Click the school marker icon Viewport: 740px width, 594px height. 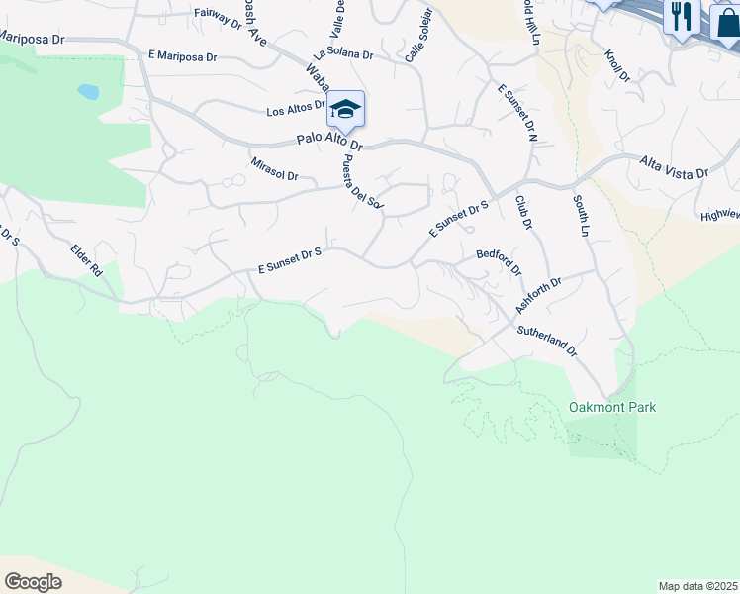345,109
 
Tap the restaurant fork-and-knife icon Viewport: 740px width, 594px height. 681,16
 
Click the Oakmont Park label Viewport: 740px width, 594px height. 612,407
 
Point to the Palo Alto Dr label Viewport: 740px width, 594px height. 330,143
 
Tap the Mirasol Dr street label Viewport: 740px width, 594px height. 274,168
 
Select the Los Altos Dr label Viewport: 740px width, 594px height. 296,107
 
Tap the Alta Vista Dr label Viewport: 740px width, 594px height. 674,165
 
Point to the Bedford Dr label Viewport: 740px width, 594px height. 499,260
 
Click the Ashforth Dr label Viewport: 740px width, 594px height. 538,295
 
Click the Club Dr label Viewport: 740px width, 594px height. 523,212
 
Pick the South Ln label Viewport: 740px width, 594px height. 580,214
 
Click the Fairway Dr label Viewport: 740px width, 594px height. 218,14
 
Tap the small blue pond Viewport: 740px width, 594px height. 88,92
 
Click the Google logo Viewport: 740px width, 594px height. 33,582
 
